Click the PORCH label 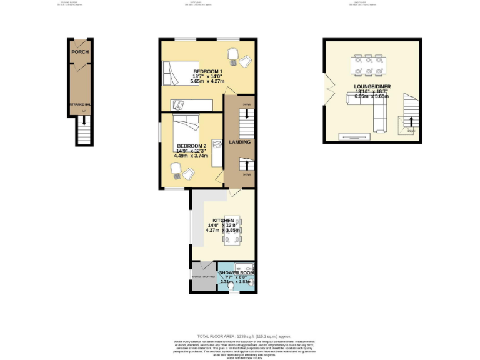point(80,52)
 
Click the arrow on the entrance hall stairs point(84,121)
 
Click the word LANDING point(239,142)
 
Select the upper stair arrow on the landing point(247,114)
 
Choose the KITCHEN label point(223,221)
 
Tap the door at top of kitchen point(233,194)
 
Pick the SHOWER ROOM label point(236,272)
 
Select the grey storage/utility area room point(204,277)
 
